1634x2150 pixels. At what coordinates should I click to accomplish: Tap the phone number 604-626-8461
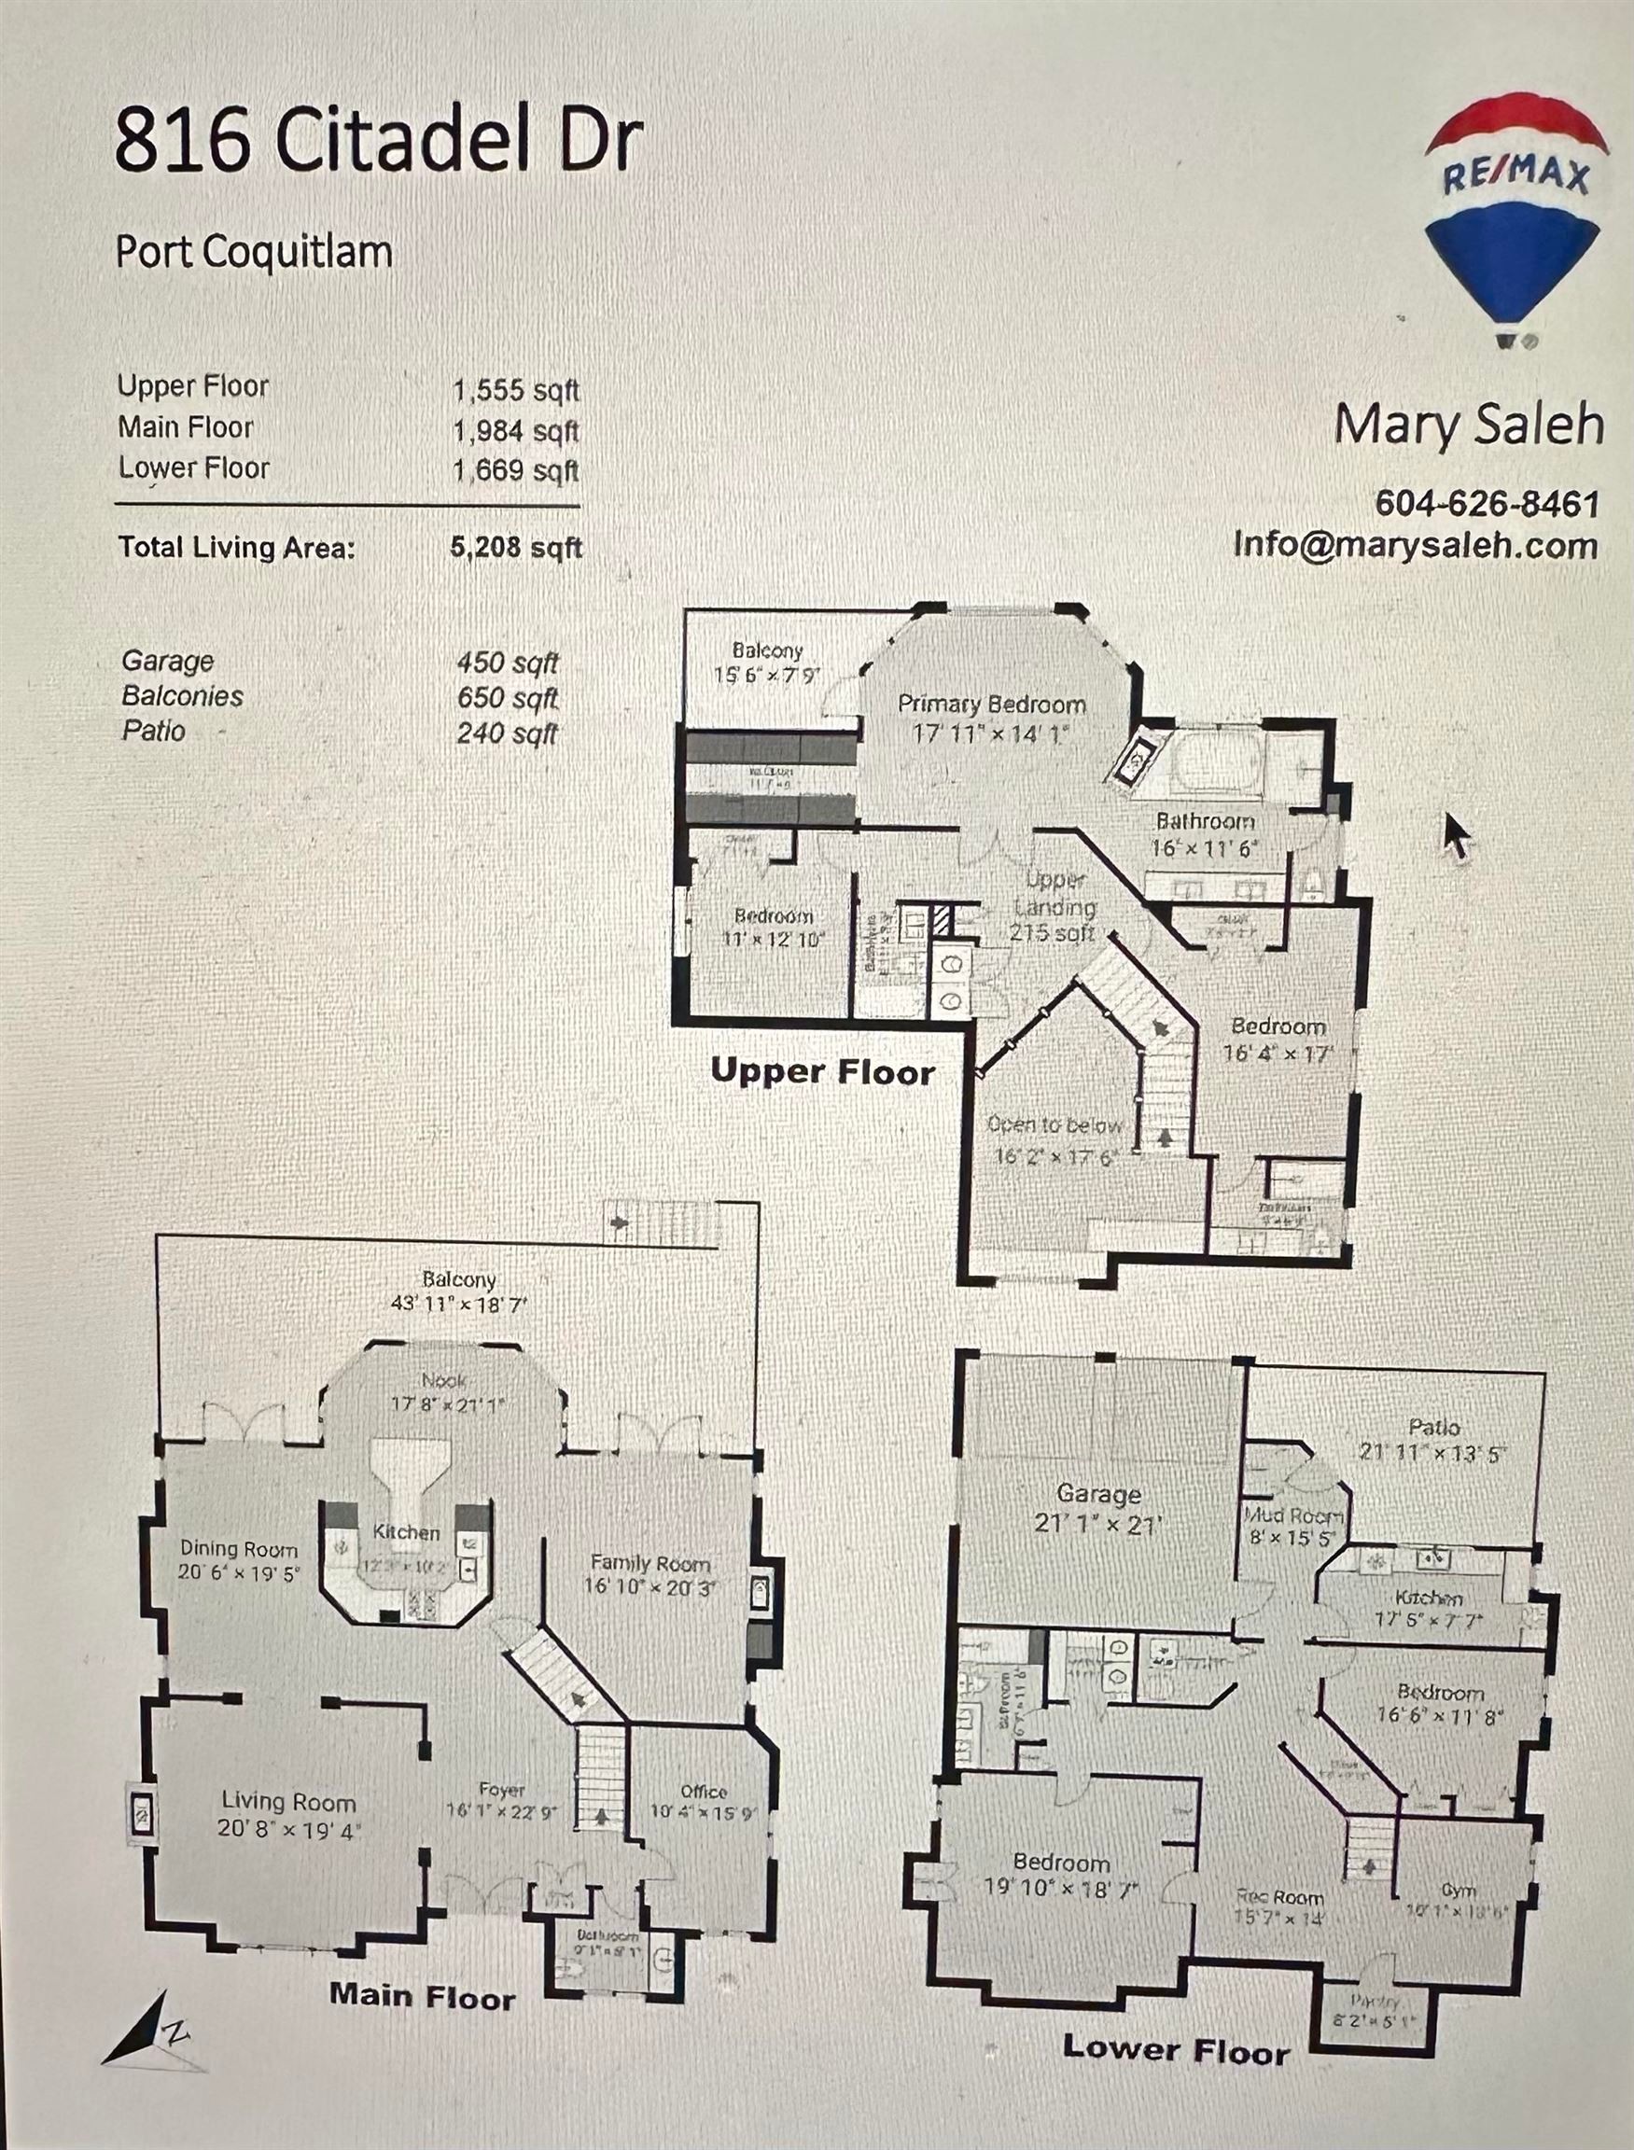coord(1487,504)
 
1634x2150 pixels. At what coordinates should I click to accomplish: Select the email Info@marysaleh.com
coord(1415,545)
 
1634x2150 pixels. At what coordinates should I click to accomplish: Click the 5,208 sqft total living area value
coord(515,548)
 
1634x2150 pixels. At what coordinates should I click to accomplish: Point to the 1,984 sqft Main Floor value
coord(515,430)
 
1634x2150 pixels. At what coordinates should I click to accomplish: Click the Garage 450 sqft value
coord(508,663)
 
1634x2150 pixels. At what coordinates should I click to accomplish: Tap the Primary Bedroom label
coord(991,704)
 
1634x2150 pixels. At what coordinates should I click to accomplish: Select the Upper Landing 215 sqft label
coord(1054,906)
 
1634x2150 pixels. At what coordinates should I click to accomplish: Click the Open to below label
coord(1054,1125)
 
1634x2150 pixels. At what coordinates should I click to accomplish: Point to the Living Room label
coord(289,1802)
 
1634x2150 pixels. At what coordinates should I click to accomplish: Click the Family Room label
coord(650,1563)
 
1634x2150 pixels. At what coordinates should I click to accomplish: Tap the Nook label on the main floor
coord(444,1380)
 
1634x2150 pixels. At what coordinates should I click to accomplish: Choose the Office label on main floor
coord(704,1791)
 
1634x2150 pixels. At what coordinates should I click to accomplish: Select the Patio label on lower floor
coord(1433,1427)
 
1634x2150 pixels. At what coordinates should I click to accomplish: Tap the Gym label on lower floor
coord(1458,1890)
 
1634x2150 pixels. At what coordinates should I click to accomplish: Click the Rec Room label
coord(1279,1896)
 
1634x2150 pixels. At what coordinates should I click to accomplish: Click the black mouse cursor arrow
coord(1457,835)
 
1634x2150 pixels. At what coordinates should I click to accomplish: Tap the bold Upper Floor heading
coord(823,1071)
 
